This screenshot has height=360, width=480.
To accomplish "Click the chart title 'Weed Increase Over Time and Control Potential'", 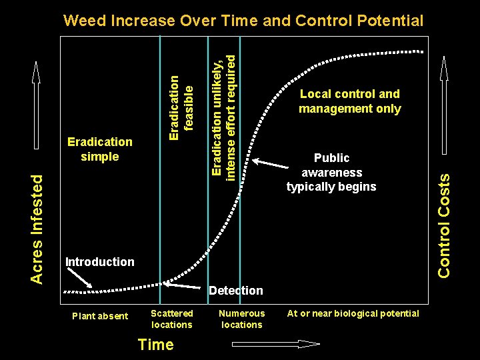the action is click(x=243, y=21).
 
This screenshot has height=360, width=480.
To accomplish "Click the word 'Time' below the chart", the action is click(x=155, y=345).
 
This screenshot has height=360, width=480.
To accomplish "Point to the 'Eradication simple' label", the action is click(x=100, y=149).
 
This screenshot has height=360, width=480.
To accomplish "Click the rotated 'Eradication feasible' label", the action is click(x=181, y=107).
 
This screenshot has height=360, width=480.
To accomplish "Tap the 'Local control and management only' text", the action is click(x=349, y=101).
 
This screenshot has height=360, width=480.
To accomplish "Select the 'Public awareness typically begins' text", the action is click(x=331, y=172).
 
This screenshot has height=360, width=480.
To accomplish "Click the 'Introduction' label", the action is click(x=99, y=262).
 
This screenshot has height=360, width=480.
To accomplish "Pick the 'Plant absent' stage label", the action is click(x=100, y=316).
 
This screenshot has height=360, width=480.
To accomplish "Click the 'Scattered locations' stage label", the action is click(x=172, y=319).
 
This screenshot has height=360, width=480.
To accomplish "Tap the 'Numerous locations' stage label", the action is click(x=241, y=319).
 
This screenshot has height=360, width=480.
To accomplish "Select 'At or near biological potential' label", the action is click(x=353, y=313).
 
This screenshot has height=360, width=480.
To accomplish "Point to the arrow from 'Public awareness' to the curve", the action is click(x=273, y=163).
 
